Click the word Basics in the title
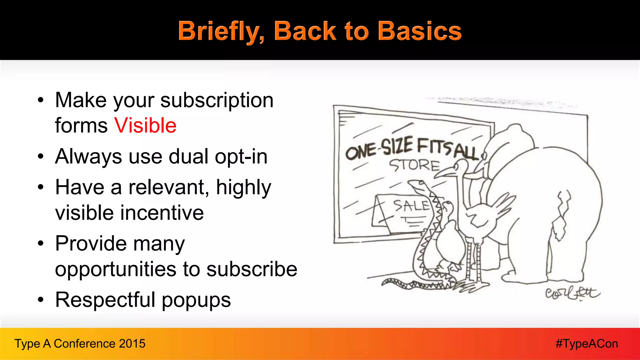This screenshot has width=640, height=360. click(x=419, y=31)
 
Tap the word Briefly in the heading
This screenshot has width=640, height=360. click(x=221, y=32)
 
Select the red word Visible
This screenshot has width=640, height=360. click(x=145, y=126)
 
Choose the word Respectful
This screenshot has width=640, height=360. click(x=105, y=300)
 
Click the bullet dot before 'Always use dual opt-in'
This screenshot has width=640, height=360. click(x=41, y=156)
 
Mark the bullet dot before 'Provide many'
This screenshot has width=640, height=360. click(x=41, y=243)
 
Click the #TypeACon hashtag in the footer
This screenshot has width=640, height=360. click(x=587, y=343)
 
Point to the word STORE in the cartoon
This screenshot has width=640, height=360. click(x=414, y=165)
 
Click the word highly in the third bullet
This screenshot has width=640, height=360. click(x=243, y=187)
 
